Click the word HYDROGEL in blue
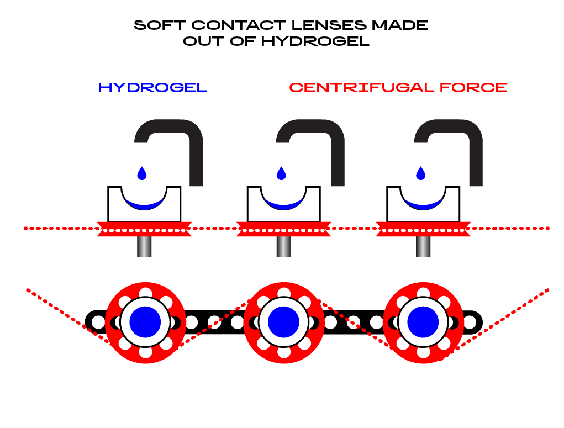coord(152,88)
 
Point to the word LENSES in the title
coord(329,25)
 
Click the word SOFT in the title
coord(160,25)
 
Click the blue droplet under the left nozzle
coord(142,173)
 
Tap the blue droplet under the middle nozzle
coord(281,173)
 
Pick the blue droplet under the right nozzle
coord(420,173)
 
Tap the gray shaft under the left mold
coord(144,247)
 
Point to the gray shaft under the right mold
coord(423,247)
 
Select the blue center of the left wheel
coord(145,323)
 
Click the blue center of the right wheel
coord(423,323)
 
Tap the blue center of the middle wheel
coord(284,323)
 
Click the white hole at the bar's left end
coord(98,323)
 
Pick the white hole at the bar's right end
coord(470,323)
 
